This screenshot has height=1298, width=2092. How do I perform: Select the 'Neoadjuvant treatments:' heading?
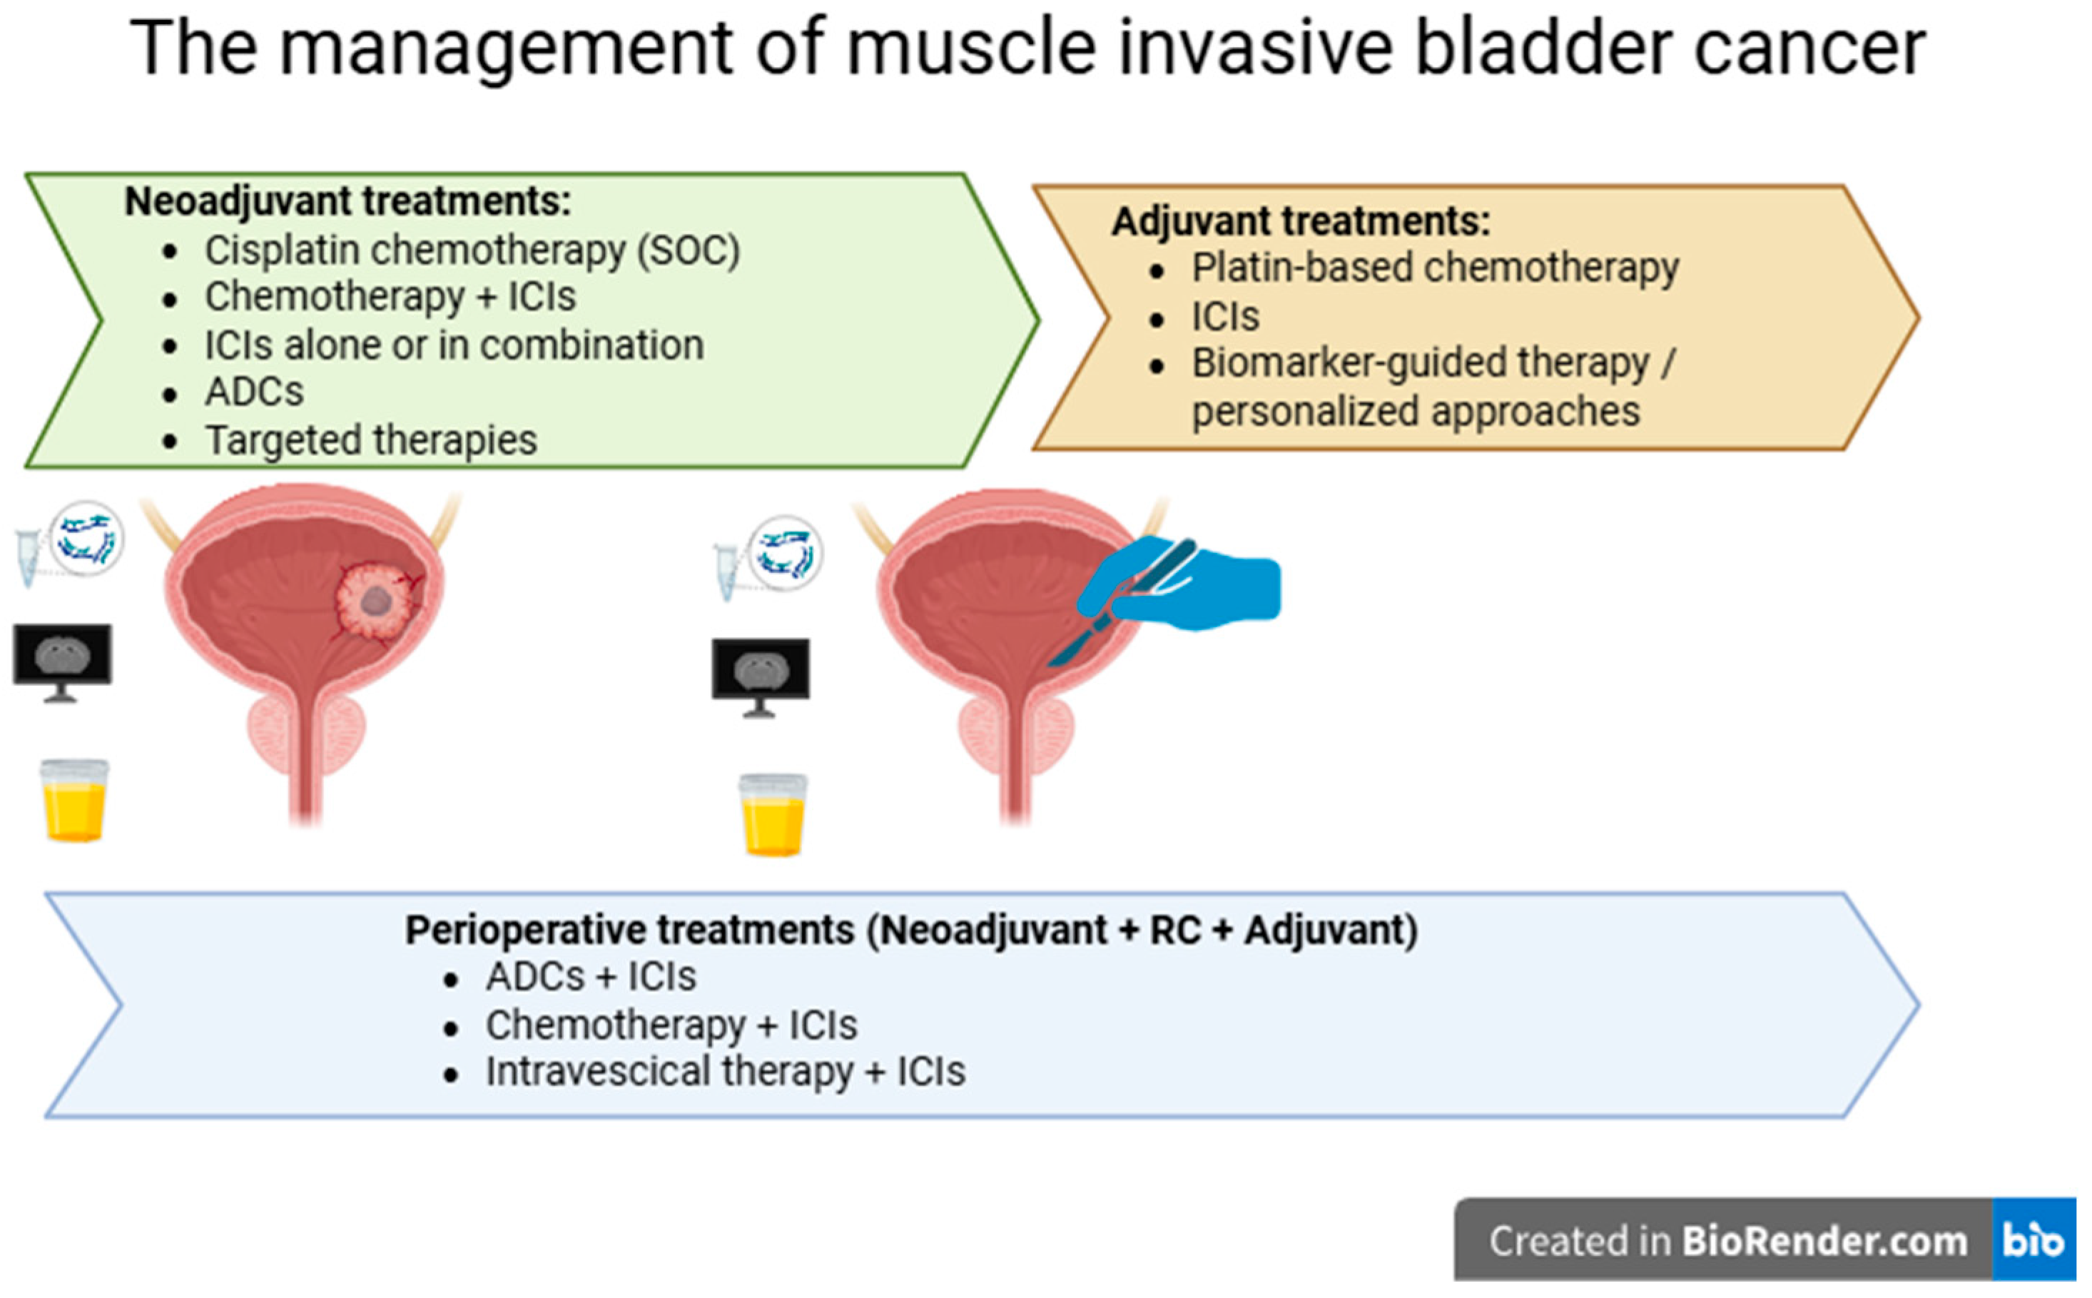click(347, 202)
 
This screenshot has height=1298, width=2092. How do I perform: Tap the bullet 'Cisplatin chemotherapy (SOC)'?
click(472, 250)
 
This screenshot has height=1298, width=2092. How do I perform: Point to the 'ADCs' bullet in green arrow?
click(254, 392)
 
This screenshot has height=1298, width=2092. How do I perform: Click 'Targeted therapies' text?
click(371, 440)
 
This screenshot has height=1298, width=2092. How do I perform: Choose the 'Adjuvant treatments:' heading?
click(1301, 221)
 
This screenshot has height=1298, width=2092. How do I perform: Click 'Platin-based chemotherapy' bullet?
click(1434, 268)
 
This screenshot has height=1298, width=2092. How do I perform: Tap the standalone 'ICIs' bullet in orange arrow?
click(1225, 317)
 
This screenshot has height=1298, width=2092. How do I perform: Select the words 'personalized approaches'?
click(1416, 411)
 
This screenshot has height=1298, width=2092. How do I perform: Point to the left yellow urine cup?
click(75, 799)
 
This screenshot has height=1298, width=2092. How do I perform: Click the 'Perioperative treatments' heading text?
click(910, 931)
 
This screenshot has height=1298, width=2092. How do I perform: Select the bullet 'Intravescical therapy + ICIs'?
click(726, 1071)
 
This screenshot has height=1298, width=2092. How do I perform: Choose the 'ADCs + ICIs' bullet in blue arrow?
click(591, 977)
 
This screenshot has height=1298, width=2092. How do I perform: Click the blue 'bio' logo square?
click(2033, 1239)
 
